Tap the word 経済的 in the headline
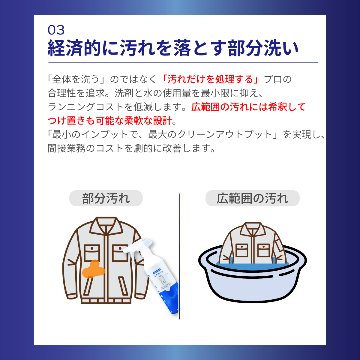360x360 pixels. click(x=85, y=47)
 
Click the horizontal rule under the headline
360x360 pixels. click(x=180, y=63)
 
